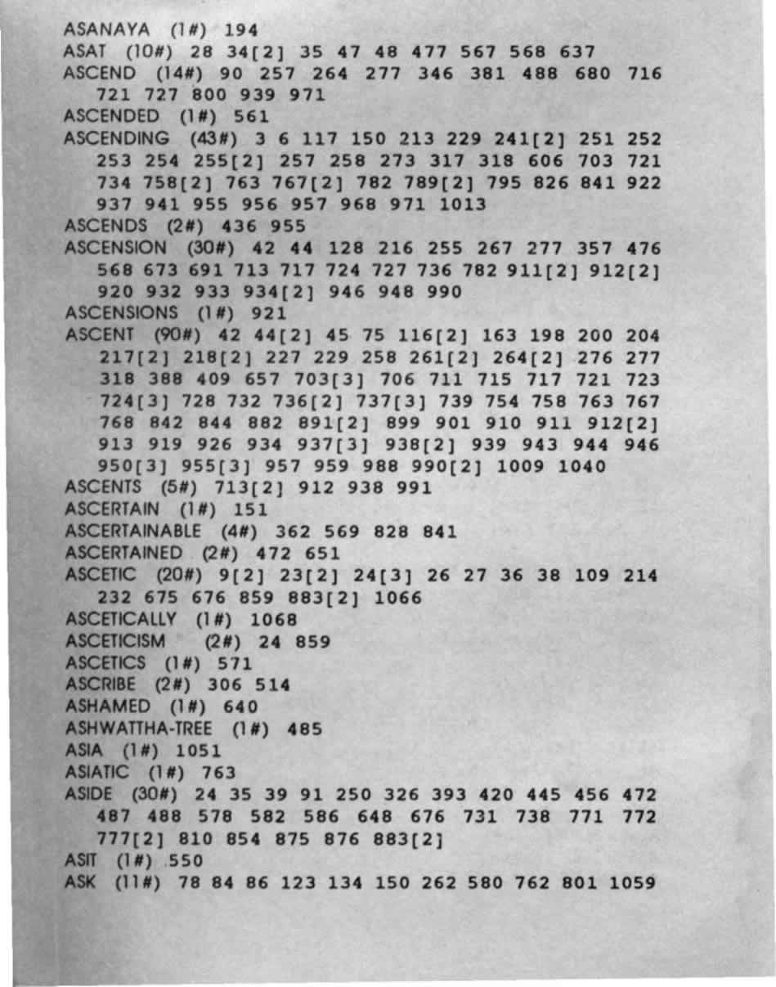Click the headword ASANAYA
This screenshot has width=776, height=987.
(x=106, y=30)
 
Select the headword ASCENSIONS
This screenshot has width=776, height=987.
(x=121, y=313)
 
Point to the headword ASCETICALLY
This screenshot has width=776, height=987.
(x=119, y=620)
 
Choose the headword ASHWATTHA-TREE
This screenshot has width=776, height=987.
(x=141, y=729)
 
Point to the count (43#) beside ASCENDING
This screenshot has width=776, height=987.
(x=215, y=139)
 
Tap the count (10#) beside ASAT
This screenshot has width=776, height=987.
(x=146, y=52)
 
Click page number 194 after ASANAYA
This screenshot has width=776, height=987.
(x=241, y=31)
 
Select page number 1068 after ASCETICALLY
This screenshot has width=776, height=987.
(x=269, y=620)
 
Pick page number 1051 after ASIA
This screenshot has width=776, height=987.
(x=198, y=751)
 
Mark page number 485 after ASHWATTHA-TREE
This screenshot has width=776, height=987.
(x=305, y=729)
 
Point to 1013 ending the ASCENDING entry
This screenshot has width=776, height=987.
(x=462, y=204)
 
